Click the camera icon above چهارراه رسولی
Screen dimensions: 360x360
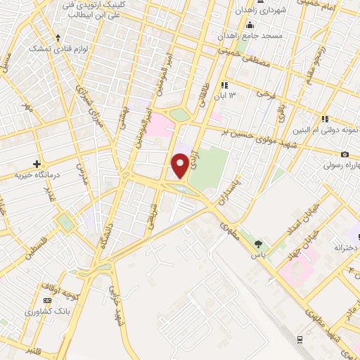344,154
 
